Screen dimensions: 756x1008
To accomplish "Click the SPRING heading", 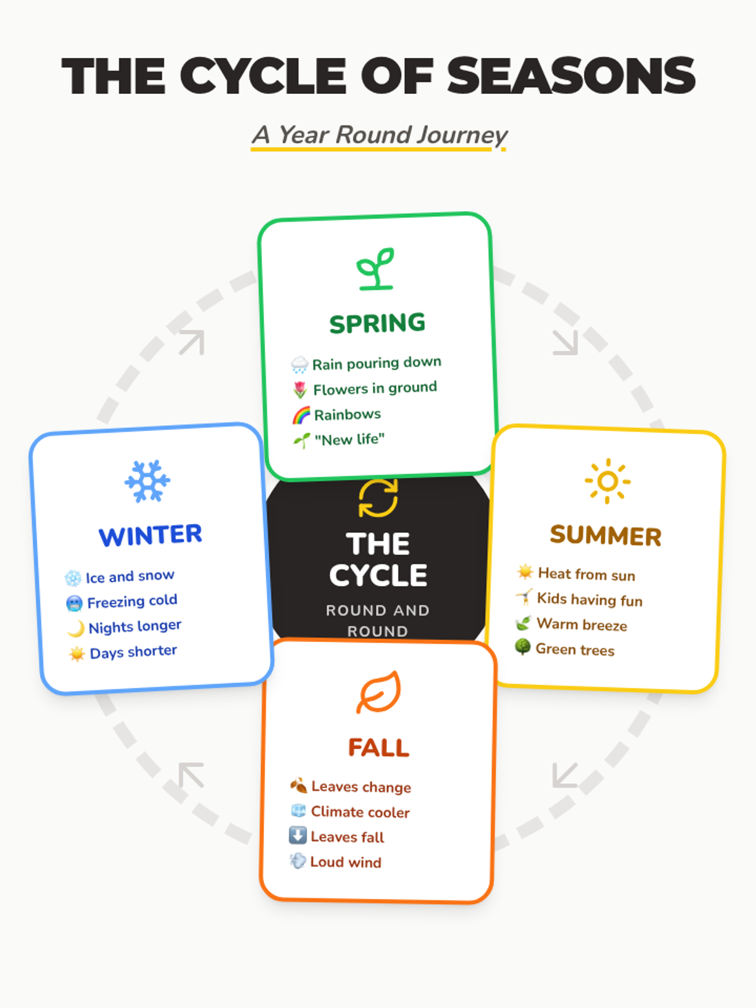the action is [x=377, y=323].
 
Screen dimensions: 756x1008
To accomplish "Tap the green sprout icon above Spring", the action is [x=376, y=269].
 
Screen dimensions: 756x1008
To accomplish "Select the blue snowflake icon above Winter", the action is [x=147, y=481].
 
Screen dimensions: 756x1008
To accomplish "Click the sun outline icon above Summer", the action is [x=607, y=481].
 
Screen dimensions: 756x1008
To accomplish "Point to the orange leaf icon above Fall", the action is [x=379, y=692].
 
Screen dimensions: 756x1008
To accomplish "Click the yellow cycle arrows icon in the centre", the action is [x=378, y=498].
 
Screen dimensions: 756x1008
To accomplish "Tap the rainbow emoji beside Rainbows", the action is [x=301, y=415].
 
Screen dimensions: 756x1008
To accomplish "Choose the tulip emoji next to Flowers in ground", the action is [x=300, y=390].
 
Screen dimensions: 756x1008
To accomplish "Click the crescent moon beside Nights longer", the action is [x=76, y=628].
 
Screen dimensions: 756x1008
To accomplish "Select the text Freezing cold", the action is [x=132, y=602].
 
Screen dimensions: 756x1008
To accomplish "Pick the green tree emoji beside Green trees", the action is [x=522, y=647].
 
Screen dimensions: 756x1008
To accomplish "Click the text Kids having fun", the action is [x=590, y=599].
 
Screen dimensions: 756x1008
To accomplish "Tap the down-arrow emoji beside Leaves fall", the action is [x=297, y=835].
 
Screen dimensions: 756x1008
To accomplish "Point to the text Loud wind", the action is [x=346, y=862].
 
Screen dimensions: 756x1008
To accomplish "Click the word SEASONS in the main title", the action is [x=571, y=76].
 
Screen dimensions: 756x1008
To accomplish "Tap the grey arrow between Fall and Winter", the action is [x=192, y=775].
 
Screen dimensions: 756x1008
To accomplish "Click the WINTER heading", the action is [x=151, y=535].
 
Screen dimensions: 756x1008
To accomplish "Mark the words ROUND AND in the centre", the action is [x=378, y=610].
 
